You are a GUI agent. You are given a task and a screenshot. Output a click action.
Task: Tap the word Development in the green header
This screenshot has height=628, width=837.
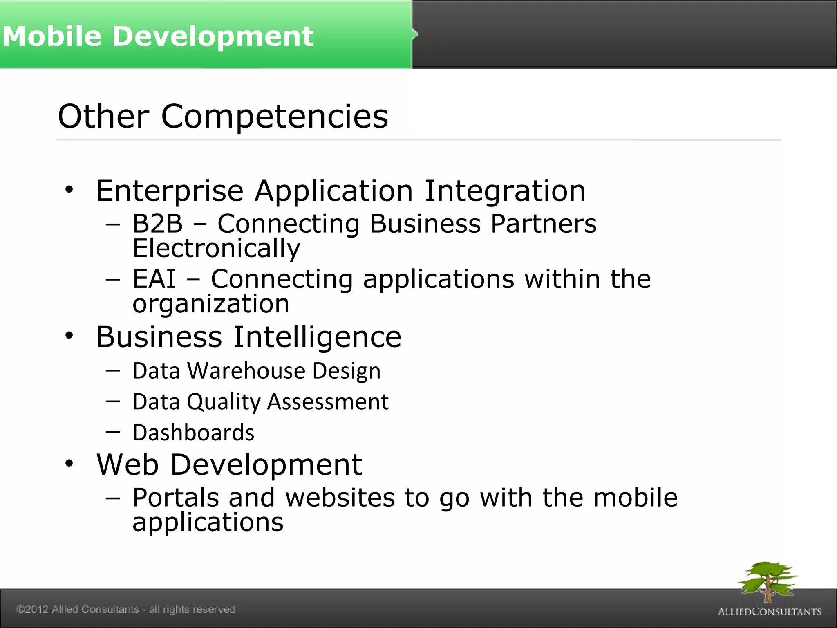click(x=213, y=36)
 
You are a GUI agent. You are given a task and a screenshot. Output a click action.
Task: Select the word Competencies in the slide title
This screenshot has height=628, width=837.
click(x=275, y=117)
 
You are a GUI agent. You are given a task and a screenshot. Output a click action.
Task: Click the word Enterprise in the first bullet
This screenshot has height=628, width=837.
click(x=170, y=191)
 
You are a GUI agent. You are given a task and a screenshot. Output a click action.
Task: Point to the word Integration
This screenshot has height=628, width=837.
click(x=505, y=191)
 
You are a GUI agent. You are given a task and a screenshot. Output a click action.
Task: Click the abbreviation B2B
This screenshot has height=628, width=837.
click(x=158, y=224)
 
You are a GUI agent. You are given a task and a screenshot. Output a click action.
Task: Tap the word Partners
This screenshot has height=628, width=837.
click(x=544, y=224)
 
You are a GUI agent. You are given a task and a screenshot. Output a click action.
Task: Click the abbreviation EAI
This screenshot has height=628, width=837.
click(x=154, y=279)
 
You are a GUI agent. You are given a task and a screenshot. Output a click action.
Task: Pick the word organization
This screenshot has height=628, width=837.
click(x=211, y=304)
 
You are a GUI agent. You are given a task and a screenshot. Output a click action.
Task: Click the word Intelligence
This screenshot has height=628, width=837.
click(x=318, y=337)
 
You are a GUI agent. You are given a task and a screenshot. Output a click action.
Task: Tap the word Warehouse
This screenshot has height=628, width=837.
click(x=246, y=371)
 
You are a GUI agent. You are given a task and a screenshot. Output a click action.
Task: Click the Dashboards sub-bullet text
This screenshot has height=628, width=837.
click(x=193, y=433)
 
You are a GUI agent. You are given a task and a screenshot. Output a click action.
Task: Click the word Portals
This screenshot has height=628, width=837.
click(x=175, y=498)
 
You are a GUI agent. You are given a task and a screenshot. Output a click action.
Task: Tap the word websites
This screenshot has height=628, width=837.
click(x=340, y=498)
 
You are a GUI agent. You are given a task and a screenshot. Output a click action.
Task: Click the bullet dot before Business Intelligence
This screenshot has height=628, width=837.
click(x=69, y=336)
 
